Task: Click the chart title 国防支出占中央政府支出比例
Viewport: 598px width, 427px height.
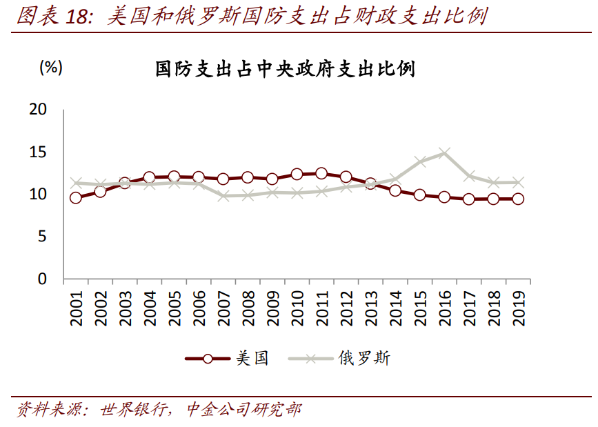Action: point(285,69)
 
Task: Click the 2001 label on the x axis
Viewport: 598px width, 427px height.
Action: point(76,308)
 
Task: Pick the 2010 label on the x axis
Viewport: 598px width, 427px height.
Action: point(297,308)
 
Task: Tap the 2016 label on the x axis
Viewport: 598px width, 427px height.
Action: point(445,308)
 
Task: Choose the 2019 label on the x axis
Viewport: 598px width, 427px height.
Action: point(519,308)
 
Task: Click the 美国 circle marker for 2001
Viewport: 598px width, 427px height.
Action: point(76,198)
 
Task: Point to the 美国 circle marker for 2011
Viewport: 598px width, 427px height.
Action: point(321,174)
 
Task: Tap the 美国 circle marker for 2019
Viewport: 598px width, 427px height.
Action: point(519,199)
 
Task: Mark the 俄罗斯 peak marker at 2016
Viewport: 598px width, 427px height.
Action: point(445,153)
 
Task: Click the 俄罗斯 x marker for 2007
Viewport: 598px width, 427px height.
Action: point(223,196)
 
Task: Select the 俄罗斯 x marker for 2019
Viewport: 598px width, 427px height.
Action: point(519,183)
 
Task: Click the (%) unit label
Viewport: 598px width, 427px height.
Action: point(51,67)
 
